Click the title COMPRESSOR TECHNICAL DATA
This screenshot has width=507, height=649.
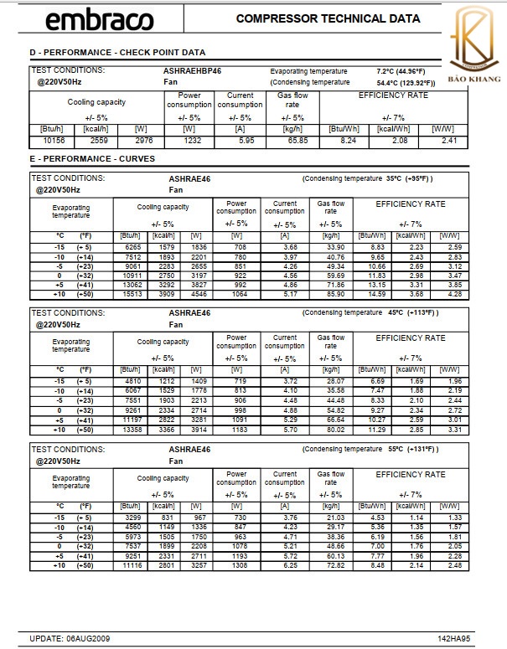tap(328, 18)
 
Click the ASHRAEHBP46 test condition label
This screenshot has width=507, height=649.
tap(193, 71)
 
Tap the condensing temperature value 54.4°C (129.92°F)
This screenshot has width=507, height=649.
tap(406, 83)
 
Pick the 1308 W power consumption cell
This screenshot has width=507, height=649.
tap(237, 566)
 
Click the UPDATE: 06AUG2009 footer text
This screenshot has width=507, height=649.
tap(70, 639)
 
